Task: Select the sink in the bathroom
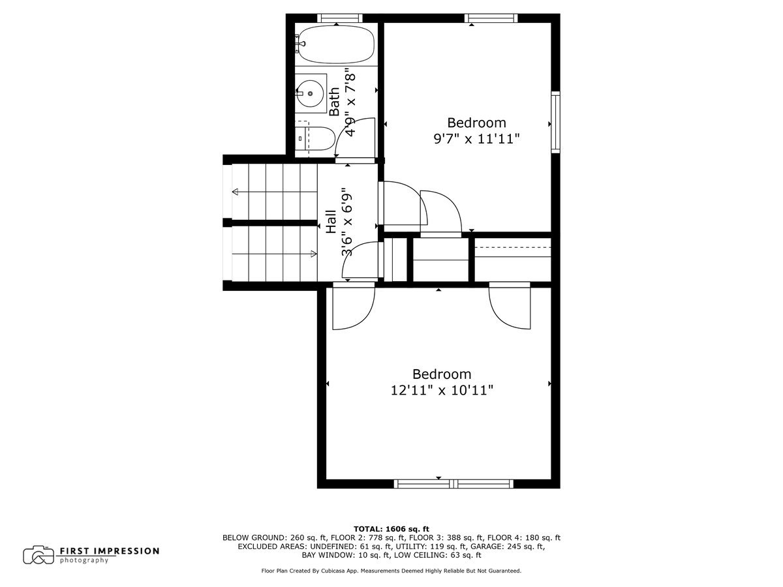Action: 311,94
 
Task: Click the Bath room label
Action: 334,102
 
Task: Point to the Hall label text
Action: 331,222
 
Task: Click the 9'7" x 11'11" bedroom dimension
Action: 476,139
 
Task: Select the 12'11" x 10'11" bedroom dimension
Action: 441,391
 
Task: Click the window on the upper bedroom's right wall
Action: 555,123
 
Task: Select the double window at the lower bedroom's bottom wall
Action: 453,483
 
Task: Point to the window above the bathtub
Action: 337,18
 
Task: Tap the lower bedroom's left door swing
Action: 353,309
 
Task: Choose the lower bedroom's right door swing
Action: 510,306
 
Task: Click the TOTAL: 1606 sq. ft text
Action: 391,528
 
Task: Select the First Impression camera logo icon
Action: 38,555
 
